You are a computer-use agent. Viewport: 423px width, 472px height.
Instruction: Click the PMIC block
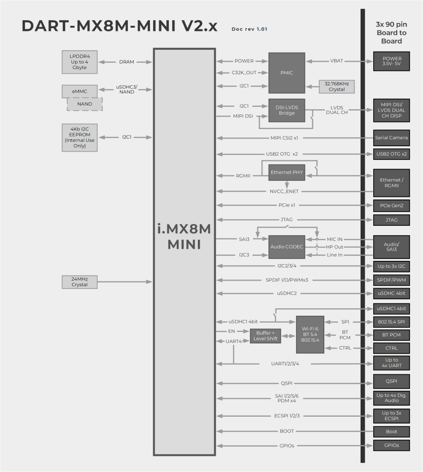(x=286, y=73)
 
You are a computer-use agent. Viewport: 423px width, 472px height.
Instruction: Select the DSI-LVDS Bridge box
(x=286, y=110)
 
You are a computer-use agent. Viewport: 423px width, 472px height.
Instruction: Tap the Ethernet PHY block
(x=287, y=172)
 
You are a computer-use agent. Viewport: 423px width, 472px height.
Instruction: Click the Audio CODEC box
(x=286, y=247)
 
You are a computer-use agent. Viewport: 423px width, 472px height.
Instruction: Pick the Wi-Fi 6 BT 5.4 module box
(x=310, y=335)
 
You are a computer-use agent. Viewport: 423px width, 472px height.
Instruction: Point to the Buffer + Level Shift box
(x=265, y=336)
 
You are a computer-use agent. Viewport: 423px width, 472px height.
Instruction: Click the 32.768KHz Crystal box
(x=337, y=87)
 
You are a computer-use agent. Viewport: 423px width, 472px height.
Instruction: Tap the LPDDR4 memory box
(x=80, y=62)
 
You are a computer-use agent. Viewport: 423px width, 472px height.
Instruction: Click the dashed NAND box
(x=84, y=104)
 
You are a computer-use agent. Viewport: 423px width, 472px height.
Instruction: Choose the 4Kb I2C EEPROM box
(x=80, y=137)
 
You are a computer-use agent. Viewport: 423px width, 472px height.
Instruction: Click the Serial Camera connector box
(x=391, y=138)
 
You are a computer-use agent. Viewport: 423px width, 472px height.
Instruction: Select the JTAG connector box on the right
(x=391, y=220)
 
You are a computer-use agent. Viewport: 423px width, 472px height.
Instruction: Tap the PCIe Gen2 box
(x=391, y=205)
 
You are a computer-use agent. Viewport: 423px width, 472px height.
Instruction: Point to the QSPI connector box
(x=391, y=381)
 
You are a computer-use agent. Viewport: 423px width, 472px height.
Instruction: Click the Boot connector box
(x=391, y=432)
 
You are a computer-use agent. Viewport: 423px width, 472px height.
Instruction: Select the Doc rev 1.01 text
(x=250, y=29)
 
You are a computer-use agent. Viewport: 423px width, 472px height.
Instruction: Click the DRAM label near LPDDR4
(x=127, y=62)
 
